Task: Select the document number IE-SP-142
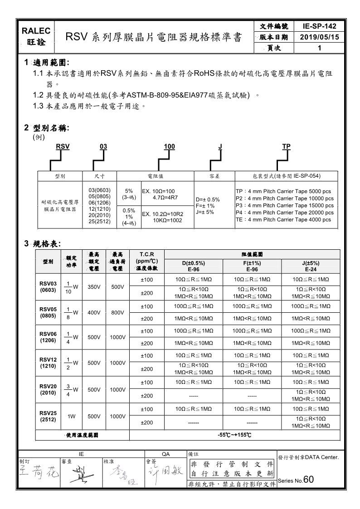tap(319, 26)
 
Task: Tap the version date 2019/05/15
tap(319, 37)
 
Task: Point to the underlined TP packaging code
tap(286, 146)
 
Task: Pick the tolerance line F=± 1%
tap(205, 206)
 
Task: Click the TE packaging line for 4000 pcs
tap(283, 220)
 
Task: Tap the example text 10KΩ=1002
tap(167, 220)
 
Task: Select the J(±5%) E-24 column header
tap(311, 266)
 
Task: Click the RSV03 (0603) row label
tap(48, 287)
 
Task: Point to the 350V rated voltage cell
tap(93, 286)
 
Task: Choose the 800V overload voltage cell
tap(117, 312)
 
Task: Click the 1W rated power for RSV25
tap(72, 416)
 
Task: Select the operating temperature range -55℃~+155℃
tap(234, 435)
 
